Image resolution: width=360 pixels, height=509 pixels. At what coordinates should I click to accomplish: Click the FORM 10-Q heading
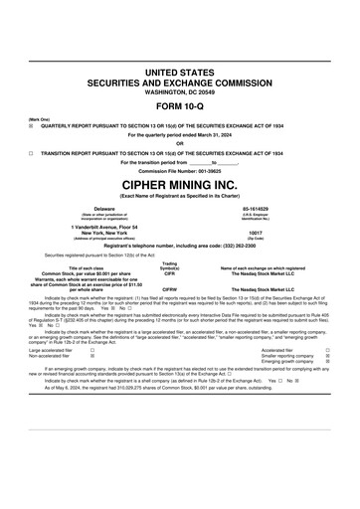point(180,105)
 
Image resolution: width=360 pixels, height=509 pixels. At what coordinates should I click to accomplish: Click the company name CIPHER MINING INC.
point(180,185)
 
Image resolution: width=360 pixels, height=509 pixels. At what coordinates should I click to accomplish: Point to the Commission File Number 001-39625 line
point(180,171)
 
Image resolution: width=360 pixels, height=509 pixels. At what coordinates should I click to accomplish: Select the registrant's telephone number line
point(180,246)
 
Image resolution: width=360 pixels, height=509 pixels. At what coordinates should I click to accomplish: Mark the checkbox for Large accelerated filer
point(92,350)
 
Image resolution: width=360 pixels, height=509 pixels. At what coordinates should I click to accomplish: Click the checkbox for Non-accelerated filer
point(92,356)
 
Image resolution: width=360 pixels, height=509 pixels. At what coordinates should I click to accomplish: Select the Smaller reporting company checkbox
point(341,356)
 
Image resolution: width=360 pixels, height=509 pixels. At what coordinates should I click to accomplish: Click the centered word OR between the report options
point(180,143)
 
